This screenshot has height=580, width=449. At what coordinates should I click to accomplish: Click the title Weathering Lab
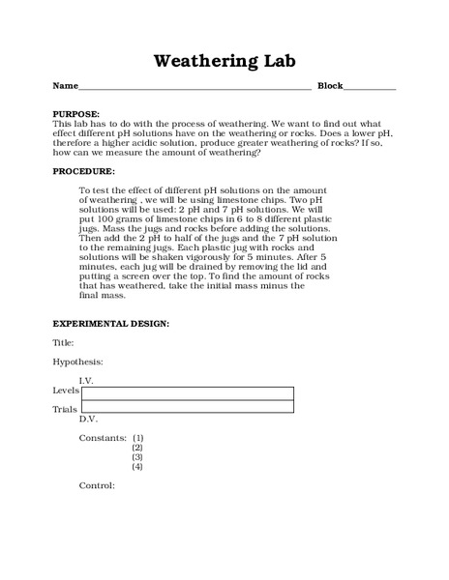pos(224,61)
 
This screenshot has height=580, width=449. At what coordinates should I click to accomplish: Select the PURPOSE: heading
pos(75,114)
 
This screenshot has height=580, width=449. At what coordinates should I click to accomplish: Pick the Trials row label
pos(64,409)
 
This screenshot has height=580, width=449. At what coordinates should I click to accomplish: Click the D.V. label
pos(88,420)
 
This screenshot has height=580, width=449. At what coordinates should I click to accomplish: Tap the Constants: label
pos(102,438)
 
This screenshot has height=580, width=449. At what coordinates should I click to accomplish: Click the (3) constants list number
pos(137,457)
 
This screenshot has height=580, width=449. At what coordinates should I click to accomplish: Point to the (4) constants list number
pos(137,467)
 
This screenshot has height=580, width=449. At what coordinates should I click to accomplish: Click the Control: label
pos(97,485)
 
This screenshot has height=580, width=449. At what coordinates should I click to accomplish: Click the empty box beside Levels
pos(187,392)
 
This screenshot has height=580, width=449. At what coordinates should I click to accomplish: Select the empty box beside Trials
pos(187,407)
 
